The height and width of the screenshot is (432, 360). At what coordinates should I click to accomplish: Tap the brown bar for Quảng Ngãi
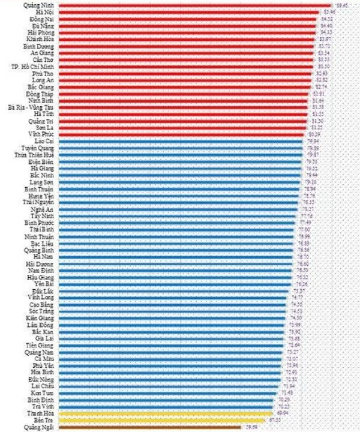click(x=150, y=427)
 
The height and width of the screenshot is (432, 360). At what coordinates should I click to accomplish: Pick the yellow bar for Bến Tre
click(x=162, y=421)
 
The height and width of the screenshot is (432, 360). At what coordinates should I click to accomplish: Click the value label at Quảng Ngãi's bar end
click(x=251, y=427)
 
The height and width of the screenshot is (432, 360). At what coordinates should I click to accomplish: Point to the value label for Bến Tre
click(x=275, y=421)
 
